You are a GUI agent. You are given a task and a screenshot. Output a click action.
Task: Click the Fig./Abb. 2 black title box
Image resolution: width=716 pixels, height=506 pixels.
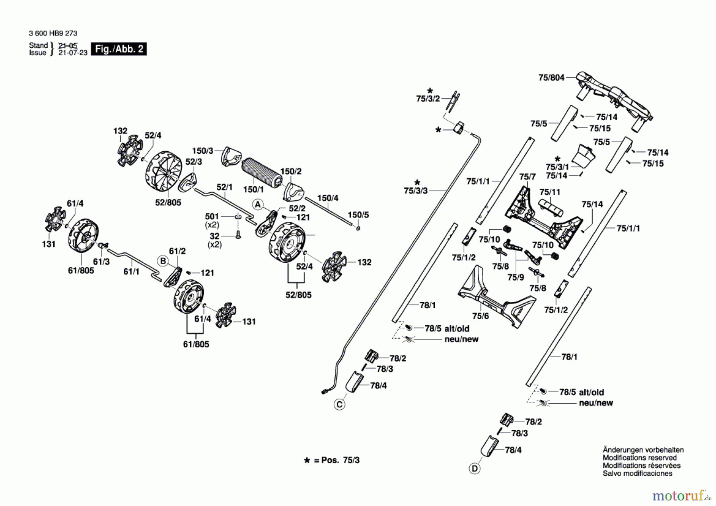click(119, 49)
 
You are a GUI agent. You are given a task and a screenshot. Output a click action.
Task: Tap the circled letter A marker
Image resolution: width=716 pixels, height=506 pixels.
click(258, 205)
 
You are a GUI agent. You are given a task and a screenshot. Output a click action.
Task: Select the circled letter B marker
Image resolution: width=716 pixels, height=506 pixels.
click(163, 261)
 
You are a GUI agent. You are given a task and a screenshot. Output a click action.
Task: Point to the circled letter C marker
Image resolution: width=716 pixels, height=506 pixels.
click(339, 405)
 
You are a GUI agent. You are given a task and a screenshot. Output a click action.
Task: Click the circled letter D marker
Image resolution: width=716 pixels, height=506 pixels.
click(475, 469)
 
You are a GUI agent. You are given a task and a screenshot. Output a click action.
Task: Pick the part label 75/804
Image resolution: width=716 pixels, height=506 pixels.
click(551, 78)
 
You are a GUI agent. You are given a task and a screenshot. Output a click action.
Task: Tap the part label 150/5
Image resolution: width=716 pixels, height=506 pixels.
click(358, 215)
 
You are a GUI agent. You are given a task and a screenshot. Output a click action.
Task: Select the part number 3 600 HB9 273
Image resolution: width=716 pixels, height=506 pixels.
click(53, 33)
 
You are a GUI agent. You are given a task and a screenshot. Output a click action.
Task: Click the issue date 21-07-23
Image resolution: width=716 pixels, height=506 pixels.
click(73, 53)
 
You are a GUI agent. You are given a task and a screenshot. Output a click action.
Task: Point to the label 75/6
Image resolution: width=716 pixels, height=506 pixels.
click(480, 316)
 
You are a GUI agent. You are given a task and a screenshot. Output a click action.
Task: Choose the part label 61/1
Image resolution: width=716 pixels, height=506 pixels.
click(131, 272)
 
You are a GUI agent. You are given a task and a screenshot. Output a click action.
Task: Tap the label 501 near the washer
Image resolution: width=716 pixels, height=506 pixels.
click(212, 216)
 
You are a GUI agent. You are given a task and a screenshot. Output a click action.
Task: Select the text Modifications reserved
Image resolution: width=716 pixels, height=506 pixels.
click(640, 458)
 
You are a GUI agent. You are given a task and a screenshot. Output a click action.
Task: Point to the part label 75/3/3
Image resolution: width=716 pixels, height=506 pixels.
click(416, 191)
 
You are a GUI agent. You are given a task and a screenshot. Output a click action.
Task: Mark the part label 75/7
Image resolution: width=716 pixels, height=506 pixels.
click(527, 176)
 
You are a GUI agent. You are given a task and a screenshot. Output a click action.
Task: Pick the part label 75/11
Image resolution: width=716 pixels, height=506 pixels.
click(550, 192)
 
